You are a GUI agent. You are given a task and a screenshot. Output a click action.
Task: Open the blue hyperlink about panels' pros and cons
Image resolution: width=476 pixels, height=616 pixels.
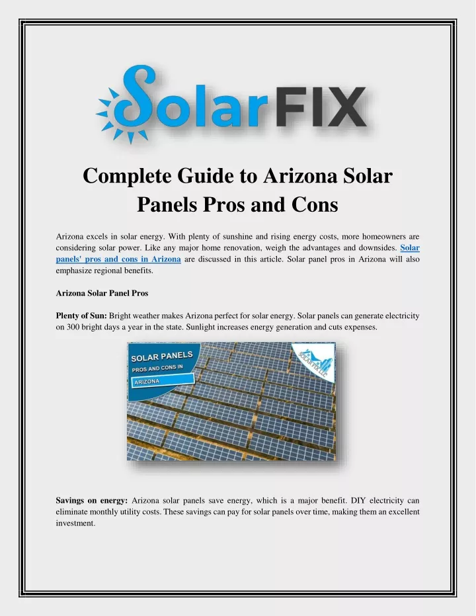[x=238, y=253]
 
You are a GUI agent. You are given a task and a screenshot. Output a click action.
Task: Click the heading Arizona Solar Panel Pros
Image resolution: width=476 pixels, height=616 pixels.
[x=102, y=293]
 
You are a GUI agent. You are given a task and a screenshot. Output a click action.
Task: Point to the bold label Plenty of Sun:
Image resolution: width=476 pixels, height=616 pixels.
[x=81, y=316]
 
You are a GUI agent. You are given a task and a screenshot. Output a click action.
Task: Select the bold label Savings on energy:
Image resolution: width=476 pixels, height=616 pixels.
[x=92, y=500]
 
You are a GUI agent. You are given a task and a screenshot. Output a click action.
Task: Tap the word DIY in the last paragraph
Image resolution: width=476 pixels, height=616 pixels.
[x=358, y=500]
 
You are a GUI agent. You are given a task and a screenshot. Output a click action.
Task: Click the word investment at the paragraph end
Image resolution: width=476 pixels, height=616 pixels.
[x=75, y=523]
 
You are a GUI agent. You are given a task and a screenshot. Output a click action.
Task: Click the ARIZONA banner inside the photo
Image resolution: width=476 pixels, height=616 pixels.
[x=163, y=380]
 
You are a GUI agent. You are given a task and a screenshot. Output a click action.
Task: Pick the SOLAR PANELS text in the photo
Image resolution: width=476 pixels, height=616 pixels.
[x=162, y=357]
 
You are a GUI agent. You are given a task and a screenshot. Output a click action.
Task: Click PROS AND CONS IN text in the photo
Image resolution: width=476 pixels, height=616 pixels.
[x=157, y=369]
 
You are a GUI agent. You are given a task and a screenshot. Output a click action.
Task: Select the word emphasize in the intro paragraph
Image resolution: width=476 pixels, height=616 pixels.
[x=73, y=271]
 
